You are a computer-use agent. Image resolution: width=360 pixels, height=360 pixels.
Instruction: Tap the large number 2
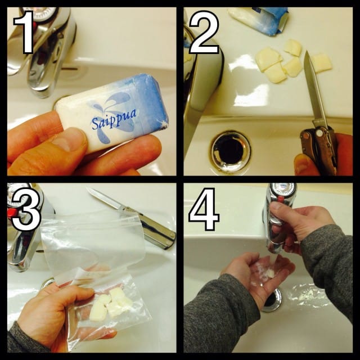(204, 32)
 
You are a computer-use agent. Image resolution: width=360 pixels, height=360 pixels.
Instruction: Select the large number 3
(26, 209)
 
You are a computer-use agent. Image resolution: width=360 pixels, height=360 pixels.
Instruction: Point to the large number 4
(203, 209)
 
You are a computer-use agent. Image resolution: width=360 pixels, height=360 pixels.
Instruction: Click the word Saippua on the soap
(114, 118)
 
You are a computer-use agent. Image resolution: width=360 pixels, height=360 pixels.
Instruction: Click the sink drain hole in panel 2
(230, 151)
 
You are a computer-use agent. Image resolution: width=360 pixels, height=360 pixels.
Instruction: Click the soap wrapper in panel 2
(259, 20)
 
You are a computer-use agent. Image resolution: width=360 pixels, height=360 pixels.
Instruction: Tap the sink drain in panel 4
(272, 300)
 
